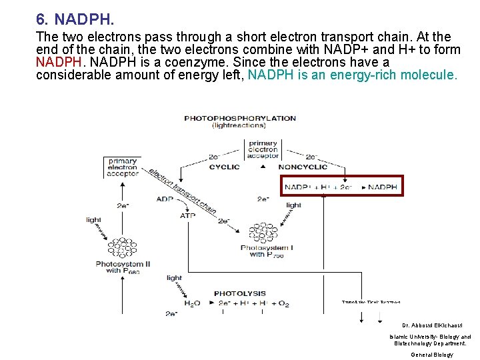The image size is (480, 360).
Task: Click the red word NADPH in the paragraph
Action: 58,62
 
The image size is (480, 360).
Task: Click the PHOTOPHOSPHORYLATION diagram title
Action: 240,119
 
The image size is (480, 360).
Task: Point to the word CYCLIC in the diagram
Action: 224,167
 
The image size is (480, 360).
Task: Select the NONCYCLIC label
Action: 303,167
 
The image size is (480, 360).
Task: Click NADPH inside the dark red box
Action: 383,187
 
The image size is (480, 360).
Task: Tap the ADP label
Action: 165,199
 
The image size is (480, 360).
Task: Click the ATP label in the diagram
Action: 188,215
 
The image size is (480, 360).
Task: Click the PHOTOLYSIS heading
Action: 239,293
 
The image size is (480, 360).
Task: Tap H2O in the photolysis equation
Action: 192,304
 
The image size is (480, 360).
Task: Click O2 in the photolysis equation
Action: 283,304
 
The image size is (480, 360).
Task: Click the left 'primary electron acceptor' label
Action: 123,167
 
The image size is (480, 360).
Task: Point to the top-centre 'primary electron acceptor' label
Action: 263,150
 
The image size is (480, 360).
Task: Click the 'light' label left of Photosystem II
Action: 93,219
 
